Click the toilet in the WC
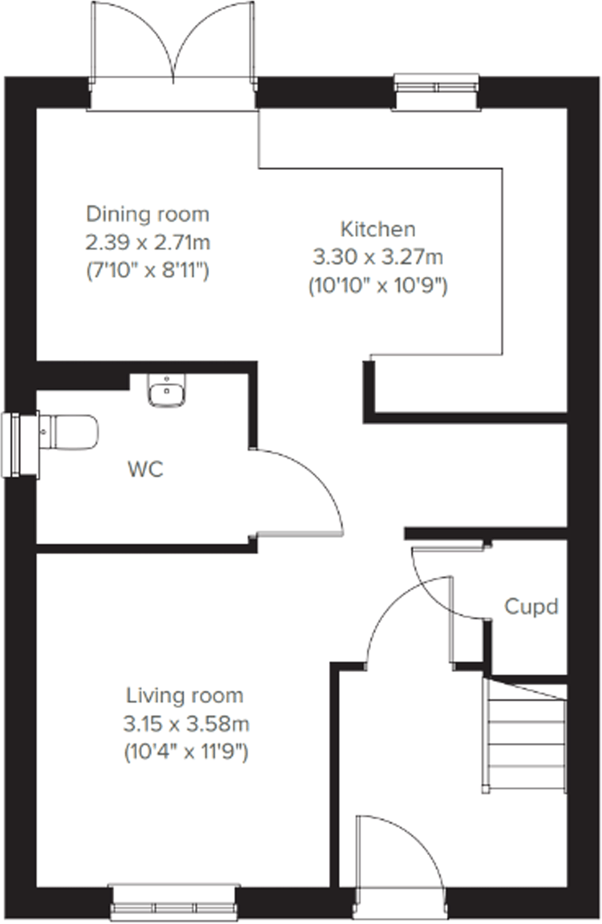click(x=71, y=432)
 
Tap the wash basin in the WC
click(x=167, y=391)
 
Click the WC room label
click(x=146, y=469)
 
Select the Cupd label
click(x=531, y=607)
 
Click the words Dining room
click(x=148, y=214)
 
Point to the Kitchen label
click(x=378, y=229)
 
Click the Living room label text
click(x=185, y=695)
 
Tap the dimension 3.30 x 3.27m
click(x=378, y=258)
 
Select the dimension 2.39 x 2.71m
click(x=148, y=243)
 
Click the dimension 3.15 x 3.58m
click(x=186, y=724)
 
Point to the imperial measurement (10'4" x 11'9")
click(x=186, y=752)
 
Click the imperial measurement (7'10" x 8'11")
click(x=148, y=271)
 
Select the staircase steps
click(x=525, y=739)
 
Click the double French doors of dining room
click(x=173, y=48)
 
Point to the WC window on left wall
click(x=13, y=445)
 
